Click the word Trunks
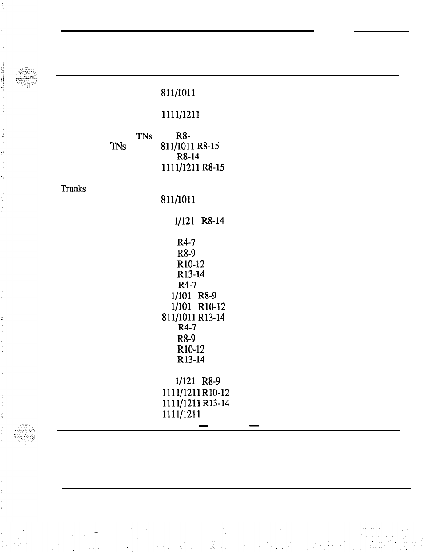click(73, 188)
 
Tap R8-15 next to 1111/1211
click(213, 167)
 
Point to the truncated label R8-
click(183, 135)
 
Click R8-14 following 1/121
click(212, 221)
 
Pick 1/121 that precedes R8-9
click(183, 381)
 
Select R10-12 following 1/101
click(212, 307)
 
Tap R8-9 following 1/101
click(207, 296)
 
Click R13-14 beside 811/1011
click(211, 318)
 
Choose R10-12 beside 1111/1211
click(216, 393)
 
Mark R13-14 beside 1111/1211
click(216, 403)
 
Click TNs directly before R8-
click(144, 135)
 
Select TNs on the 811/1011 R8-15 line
click(118, 146)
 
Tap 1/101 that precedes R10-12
click(181, 307)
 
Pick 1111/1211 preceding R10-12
click(181, 393)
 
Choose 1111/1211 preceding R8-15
click(180, 167)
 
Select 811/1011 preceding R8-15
click(178, 146)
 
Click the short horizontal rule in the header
click(381, 32)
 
